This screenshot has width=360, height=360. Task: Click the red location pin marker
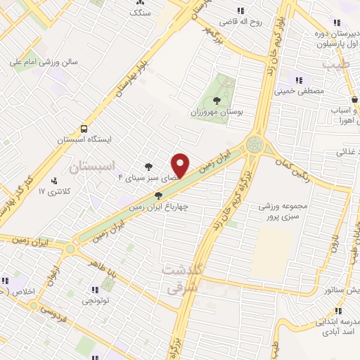click(181, 165)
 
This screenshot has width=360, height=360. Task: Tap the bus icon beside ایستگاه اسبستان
click(84, 129)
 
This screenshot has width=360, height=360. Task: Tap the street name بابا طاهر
click(102, 266)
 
